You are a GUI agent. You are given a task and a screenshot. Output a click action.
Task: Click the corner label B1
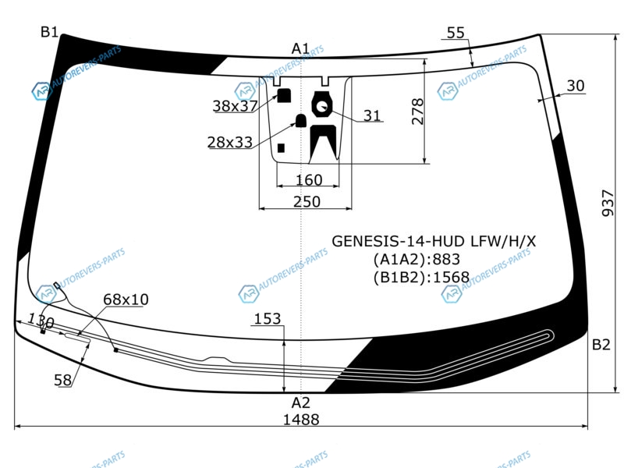[50, 32]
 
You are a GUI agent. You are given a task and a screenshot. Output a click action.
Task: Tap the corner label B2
[601, 345]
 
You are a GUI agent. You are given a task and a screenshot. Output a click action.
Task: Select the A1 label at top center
[300, 48]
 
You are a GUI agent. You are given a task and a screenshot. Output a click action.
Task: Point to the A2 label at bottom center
[300, 402]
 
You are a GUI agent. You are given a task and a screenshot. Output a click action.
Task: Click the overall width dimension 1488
[301, 420]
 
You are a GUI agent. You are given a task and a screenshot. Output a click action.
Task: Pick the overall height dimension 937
[608, 203]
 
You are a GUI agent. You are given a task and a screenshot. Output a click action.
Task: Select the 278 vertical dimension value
[417, 112]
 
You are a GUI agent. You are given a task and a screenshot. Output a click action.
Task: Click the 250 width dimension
[307, 202]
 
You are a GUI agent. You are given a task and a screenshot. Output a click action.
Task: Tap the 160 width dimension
[309, 180]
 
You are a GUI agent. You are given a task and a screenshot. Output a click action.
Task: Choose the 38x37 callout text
[236, 106]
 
